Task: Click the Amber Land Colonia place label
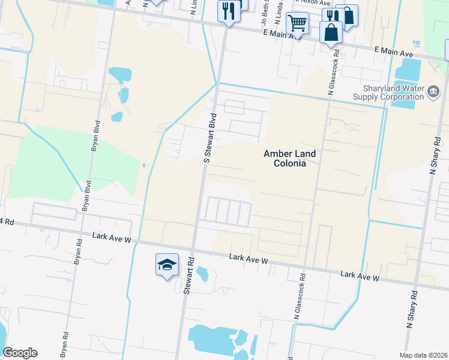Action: (289, 158)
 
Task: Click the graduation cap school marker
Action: (167, 265)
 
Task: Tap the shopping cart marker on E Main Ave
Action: (298, 23)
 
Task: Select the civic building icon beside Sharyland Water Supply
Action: (433, 92)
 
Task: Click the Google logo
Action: (20, 353)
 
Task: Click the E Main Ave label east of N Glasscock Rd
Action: (393, 53)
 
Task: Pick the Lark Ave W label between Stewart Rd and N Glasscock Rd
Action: (248, 259)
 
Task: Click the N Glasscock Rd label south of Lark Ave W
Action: (299, 297)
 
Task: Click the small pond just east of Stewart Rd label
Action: (202, 274)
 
